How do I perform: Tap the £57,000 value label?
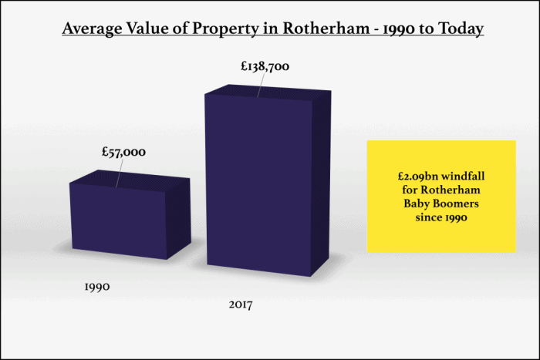coord(123,153)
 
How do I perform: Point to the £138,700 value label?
coord(265,67)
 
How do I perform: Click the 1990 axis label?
coord(97,286)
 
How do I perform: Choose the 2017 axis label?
coord(241,304)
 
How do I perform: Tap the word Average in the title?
coord(92,29)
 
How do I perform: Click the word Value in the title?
coord(155,29)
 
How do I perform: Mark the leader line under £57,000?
coord(119,173)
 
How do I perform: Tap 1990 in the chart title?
coord(389,29)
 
